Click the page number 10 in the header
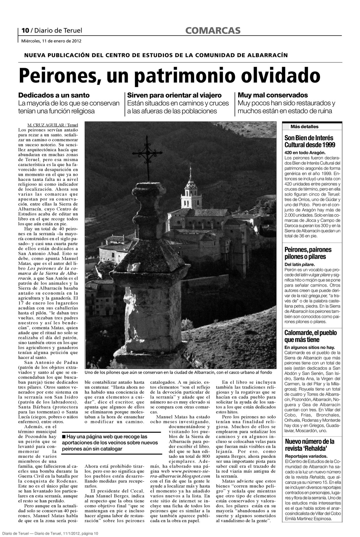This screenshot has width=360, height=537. pos(25,31)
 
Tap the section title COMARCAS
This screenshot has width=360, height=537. pos(213,31)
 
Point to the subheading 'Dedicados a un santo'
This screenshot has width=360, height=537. pos(54,95)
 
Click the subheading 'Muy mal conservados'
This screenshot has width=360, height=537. pos(273,95)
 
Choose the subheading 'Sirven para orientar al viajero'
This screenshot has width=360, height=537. pos(174,95)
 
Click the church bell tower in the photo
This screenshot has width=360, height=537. pos(190,190)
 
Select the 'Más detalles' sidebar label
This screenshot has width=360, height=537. pos(304,127)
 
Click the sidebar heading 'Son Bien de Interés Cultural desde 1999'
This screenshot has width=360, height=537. pos(310,141)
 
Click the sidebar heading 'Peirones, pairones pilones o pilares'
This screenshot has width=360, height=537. pos(308,253)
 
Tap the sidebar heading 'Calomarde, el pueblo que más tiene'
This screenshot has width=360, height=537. pos(310,336)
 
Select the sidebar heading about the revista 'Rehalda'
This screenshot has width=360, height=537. pos(310,445)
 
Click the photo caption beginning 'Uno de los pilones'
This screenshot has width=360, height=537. pos(178,373)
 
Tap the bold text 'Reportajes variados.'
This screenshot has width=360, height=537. pos(306,456)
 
